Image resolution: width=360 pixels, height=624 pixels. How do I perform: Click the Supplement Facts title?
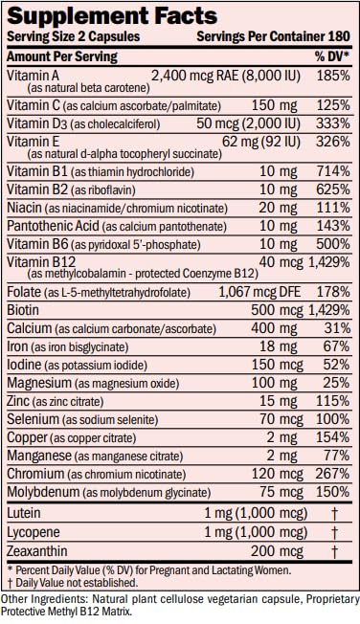click(112, 16)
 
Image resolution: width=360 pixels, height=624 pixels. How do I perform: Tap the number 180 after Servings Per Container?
click(339, 36)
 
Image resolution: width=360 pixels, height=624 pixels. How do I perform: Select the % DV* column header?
click(332, 56)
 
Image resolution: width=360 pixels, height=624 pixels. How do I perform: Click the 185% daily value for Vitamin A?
click(333, 76)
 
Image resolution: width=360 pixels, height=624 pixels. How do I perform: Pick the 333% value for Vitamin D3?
click(333, 123)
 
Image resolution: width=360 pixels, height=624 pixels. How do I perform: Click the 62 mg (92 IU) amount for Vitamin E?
click(261, 142)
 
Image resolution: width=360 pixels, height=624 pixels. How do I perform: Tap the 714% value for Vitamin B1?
click(333, 171)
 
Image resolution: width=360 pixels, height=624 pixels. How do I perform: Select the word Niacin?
click(24, 208)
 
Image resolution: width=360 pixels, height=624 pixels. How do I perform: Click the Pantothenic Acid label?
click(53, 226)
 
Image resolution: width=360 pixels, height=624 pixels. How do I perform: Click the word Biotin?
click(23, 310)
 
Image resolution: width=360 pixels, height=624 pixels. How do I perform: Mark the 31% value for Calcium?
click(337, 328)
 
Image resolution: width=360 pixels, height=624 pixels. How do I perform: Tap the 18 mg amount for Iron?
click(279, 346)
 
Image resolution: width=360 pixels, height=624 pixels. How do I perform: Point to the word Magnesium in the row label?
click(39, 383)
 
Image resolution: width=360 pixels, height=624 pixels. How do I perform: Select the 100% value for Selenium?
click(333, 419)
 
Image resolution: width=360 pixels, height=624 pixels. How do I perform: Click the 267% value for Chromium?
click(333, 474)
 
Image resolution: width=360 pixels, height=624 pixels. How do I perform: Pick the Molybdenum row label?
click(109, 492)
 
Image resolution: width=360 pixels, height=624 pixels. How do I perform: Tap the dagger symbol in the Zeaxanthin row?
click(334, 552)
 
